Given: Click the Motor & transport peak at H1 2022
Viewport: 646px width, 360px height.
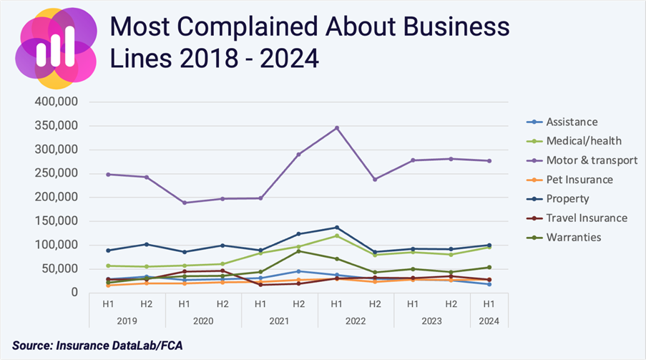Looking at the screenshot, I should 337,128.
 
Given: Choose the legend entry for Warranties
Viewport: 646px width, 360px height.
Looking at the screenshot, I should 573,237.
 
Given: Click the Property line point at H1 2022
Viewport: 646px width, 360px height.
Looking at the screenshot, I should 337,228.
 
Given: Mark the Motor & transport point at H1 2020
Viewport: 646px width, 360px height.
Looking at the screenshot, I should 184,203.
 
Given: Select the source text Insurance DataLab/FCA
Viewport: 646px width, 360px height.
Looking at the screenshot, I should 128,346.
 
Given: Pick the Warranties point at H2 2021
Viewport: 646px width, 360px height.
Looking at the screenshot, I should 298,250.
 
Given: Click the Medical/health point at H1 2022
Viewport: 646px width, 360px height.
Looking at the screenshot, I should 337,235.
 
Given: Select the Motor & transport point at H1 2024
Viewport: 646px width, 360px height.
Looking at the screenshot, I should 490,161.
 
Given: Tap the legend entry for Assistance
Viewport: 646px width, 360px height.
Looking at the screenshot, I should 572,122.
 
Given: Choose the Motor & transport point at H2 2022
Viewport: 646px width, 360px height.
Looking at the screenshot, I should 375,179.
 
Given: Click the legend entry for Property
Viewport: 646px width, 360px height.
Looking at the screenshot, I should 567,199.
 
